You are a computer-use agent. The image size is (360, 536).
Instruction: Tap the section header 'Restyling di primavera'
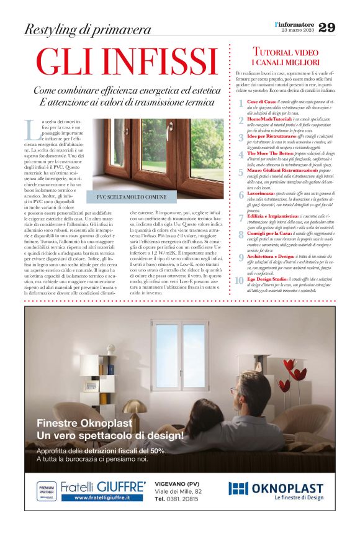pos(87,29)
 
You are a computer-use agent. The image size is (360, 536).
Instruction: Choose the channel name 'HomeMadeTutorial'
pos(271,118)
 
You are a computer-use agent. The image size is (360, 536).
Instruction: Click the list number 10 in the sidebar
pos(240,281)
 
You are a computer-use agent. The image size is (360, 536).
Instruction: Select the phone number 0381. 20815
pos(182,498)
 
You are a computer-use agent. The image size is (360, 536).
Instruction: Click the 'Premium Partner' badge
pos(47,491)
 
